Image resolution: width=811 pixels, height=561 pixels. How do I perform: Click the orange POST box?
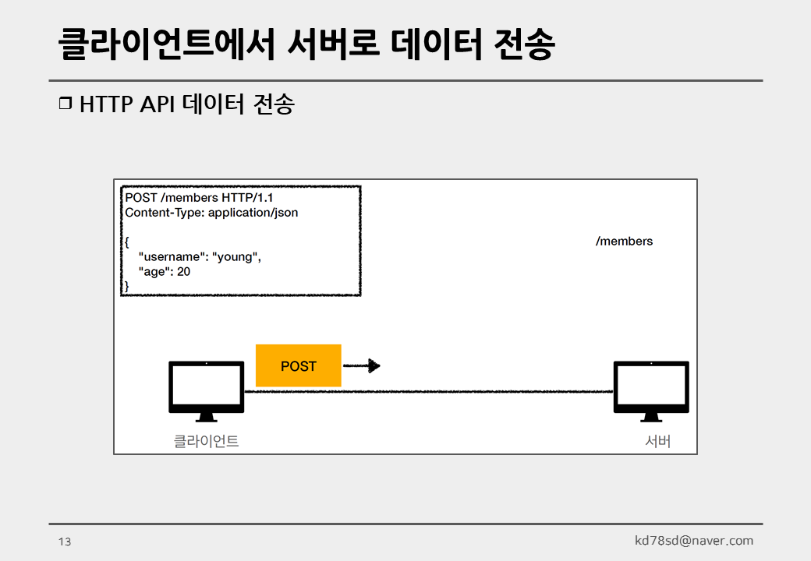pyautogui.click(x=299, y=365)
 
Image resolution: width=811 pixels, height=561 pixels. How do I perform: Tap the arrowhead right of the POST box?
pyautogui.click(x=374, y=365)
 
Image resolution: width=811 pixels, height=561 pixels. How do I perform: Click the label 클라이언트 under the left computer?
pyautogui.click(x=206, y=441)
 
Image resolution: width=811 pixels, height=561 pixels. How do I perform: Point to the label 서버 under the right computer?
pyautogui.click(x=658, y=441)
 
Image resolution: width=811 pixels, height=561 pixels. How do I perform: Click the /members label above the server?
pyautogui.click(x=624, y=242)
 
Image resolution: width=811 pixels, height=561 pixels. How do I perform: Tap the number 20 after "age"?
pyautogui.click(x=183, y=272)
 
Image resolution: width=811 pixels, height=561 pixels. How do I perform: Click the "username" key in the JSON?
pyautogui.click(x=172, y=257)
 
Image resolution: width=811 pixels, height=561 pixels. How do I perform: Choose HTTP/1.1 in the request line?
pyautogui.click(x=247, y=197)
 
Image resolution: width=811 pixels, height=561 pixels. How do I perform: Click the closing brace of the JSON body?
pyautogui.click(x=127, y=287)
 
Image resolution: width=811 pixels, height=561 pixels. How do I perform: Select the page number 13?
pyautogui.click(x=65, y=542)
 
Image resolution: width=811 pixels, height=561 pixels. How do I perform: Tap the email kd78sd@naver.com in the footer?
pyautogui.click(x=694, y=541)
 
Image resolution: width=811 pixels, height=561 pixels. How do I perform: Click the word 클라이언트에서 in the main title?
pyautogui.click(x=167, y=44)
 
